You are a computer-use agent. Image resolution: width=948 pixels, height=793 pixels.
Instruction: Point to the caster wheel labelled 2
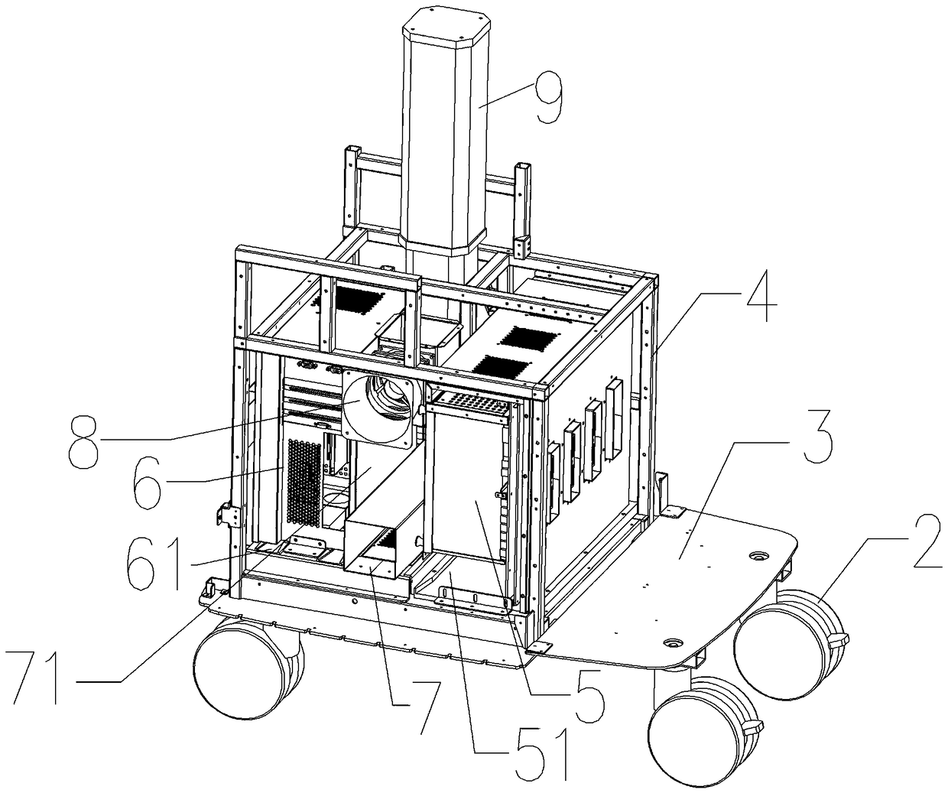(787, 631)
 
